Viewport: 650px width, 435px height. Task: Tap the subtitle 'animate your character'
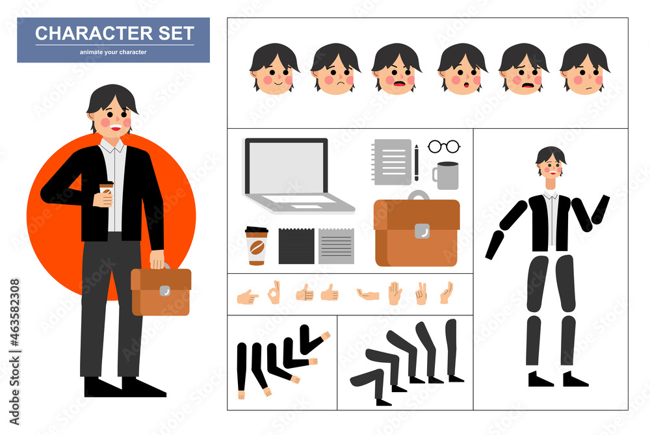113,52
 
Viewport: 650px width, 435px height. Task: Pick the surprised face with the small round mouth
462,70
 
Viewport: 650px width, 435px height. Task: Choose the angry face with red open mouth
396,70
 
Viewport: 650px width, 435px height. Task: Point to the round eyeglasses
444,147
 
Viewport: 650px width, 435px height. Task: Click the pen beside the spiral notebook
417,163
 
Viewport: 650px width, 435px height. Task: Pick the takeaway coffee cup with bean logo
256,246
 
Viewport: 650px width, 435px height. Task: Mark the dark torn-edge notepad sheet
296,246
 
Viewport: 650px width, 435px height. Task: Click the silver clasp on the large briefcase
422,230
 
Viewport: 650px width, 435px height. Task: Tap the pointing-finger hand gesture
247,297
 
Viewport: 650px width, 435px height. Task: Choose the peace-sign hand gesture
421,293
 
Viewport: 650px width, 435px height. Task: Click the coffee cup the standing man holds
106,193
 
